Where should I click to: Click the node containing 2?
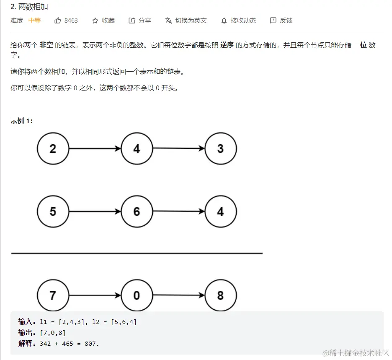[53, 149]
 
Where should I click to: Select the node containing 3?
[221, 149]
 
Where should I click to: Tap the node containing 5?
[53, 212]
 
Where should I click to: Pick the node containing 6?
[137, 212]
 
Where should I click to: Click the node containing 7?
[53, 295]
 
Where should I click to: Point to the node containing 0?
[137, 295]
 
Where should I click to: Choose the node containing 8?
[221, 295]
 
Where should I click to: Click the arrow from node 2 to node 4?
[95, 149]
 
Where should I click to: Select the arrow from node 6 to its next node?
[179, 212]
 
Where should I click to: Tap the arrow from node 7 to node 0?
[95, 295]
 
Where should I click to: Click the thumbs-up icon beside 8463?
[58, 21]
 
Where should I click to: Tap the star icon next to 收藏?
[95, 21]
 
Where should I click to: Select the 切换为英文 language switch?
[186, 21]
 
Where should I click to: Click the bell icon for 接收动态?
[224, 21]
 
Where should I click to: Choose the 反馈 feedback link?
[281, 21]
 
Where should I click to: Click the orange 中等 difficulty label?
[34, 21]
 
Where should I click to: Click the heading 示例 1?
[22, 121]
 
